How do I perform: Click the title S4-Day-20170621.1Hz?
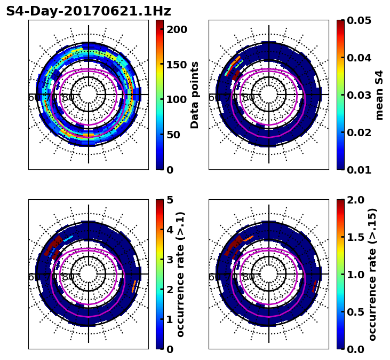point(89,11)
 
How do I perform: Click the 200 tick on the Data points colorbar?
point(177,29)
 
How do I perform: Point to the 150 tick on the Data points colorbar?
point(177,65)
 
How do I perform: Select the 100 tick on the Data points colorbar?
point(177,99)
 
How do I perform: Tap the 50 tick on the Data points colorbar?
point(177,135)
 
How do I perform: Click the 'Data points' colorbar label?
point(195,95)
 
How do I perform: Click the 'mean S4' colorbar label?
point(379,95)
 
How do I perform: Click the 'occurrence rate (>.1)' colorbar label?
point(180,275)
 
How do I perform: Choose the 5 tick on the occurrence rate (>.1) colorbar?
point(170,200)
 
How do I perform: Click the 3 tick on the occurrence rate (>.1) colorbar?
point(170,260)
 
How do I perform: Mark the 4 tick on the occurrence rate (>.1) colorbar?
point(170,230)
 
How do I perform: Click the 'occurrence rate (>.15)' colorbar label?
point(372,275)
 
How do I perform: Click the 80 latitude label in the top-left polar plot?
point(68,98)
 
